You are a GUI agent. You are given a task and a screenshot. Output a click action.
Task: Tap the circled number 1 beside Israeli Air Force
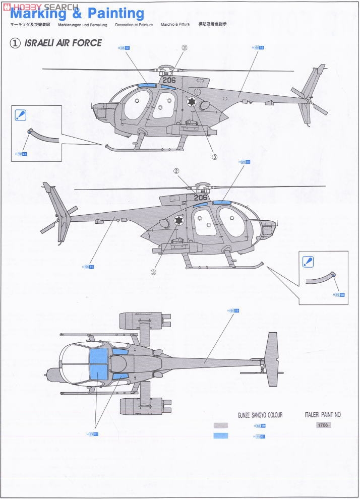click(15, 43)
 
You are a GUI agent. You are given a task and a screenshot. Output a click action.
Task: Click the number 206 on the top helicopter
click(169, 80)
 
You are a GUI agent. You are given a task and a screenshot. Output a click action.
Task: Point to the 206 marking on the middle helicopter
click(200, 198)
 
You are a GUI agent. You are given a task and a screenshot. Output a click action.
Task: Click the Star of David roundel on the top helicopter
click(192, 102)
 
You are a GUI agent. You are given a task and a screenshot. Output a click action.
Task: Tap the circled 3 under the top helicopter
click(214, 157)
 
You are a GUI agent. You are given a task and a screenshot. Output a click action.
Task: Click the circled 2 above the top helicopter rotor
click(185, 48)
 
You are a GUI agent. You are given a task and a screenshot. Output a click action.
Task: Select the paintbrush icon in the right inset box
click(308, 262)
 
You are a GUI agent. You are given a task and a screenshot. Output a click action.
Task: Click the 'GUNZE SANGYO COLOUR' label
click(260, 415)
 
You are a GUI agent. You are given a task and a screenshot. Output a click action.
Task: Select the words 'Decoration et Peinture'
click(134, 24)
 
